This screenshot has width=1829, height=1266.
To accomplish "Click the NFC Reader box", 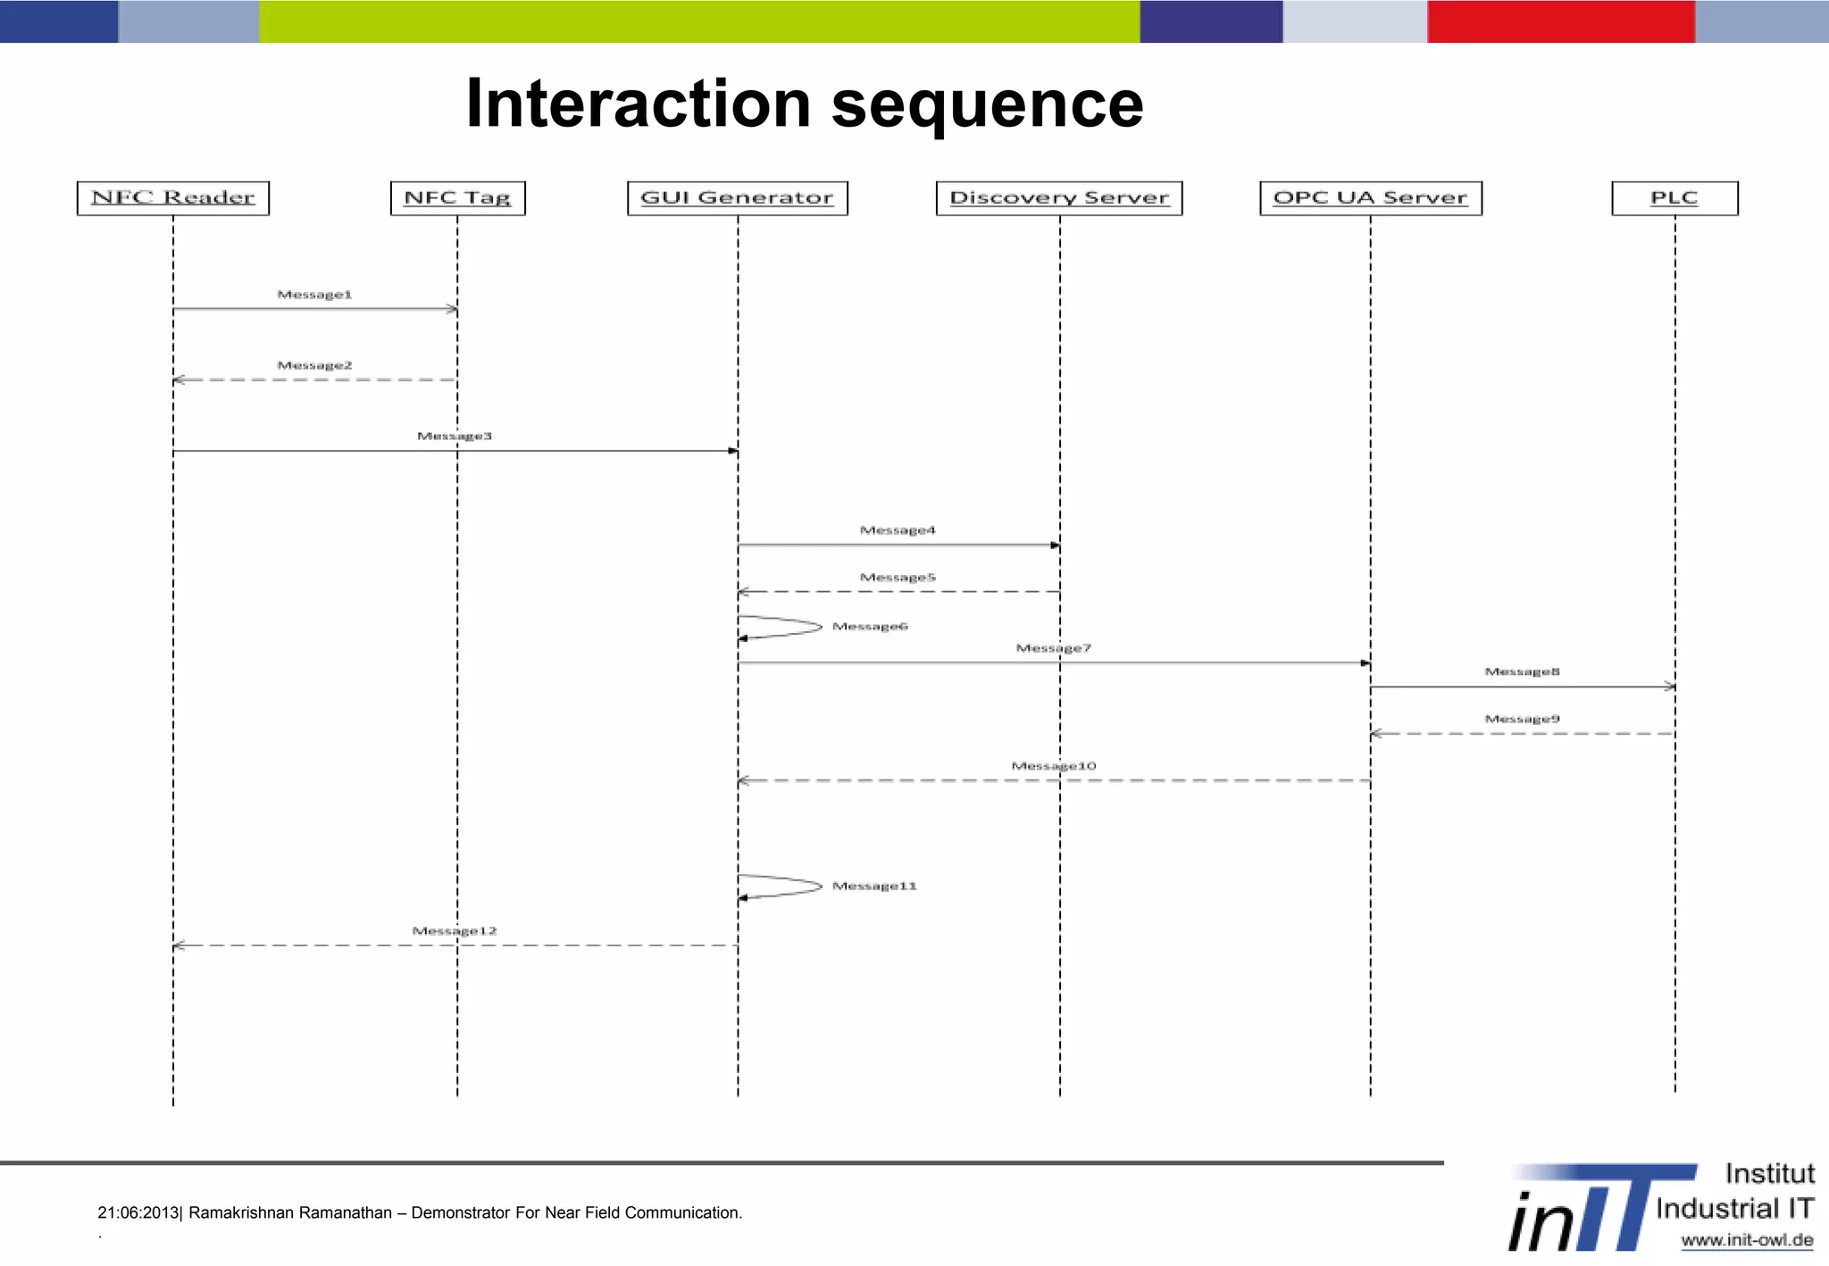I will pos(173,197).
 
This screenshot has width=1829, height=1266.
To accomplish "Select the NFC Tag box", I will pos(457,197).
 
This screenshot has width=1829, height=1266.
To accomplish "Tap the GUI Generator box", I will pos(737,197).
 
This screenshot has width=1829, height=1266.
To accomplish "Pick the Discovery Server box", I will pos(1059,197).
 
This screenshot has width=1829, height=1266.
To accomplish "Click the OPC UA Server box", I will pos(1370,197).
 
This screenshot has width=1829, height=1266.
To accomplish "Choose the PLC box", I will pos(1674,197).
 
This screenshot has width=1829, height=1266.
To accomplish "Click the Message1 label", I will pos(314,295).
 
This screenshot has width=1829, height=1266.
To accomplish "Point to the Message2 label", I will pos(314,365).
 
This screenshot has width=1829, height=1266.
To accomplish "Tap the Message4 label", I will pos(898,530).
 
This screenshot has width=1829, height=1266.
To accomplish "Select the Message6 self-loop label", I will pos(870,627).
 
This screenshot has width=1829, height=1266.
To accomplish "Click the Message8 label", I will pos(1522,671).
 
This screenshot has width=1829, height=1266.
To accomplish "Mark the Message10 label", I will pos(1054,766).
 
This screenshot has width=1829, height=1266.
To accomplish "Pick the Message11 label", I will pos(874,886).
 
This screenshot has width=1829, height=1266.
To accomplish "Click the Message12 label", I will pos(455,931).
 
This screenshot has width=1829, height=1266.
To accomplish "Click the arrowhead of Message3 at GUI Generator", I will pos(733,451).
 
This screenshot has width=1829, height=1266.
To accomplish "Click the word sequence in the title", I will pos(987,104).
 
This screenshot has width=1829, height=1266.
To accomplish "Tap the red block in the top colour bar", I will pos(1560,21).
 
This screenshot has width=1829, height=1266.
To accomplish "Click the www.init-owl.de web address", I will pos(1746,1240).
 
